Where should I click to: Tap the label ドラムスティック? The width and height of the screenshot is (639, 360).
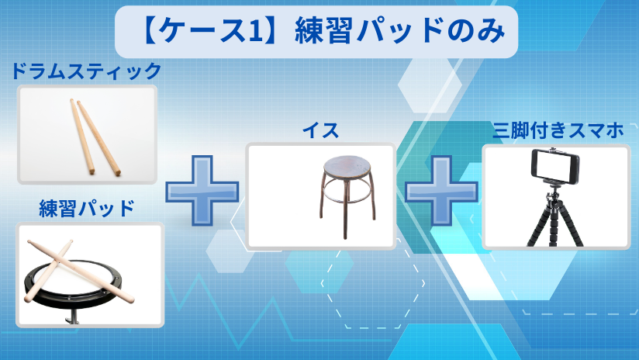tap(86, 71)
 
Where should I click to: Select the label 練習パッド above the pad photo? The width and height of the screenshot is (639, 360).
tap(86, 208)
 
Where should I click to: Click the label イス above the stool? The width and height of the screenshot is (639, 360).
tap(320, 130)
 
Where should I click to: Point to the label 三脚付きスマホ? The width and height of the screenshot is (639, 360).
tap(558, 130)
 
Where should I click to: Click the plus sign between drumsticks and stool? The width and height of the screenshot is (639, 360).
tap(202, 190)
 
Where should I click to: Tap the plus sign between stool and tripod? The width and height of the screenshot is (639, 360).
tap(441, 190)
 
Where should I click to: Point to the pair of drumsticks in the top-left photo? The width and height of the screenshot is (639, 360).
tap(95, 137)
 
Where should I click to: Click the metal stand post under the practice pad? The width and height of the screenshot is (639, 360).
tap(73, 317)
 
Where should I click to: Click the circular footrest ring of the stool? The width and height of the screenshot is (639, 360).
tap(347, 195)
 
